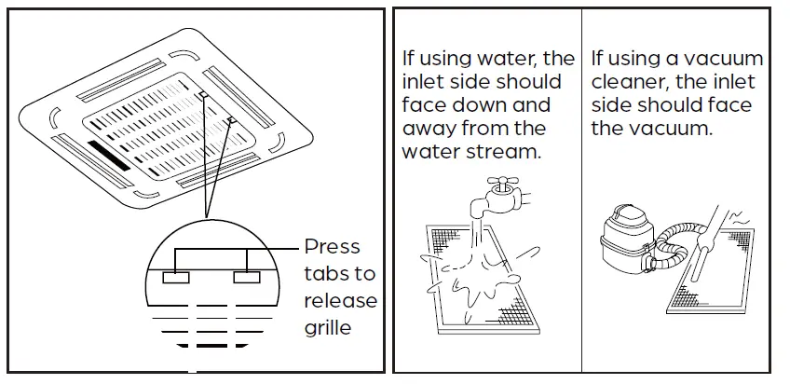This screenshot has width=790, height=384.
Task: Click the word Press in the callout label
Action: point(332,248)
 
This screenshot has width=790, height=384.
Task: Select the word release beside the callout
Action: point(340,301)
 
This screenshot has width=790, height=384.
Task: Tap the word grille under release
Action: point(328,328)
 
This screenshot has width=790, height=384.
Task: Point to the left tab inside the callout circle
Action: point(174,278)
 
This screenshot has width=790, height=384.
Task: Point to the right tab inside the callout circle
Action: point(247,278)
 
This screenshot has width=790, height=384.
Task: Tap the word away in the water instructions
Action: point(428,129)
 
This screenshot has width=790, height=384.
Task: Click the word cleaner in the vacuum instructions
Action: point(630,82)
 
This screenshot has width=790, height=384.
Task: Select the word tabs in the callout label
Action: point(326,274)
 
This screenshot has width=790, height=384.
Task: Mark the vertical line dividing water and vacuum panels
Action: point(581,186)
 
